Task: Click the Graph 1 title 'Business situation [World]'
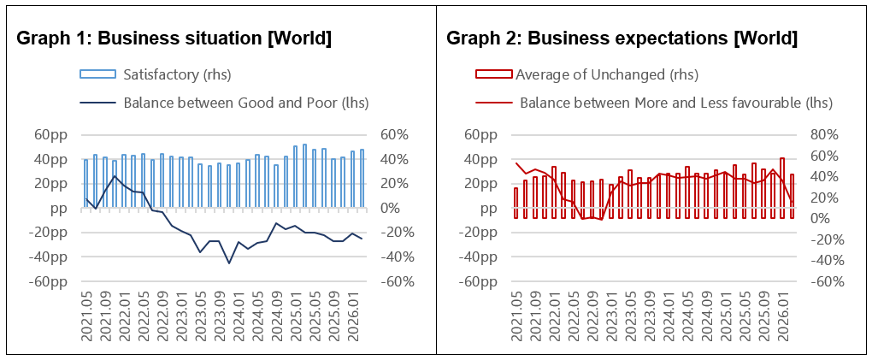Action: pos(174,38)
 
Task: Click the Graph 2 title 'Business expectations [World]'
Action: pos(622,38)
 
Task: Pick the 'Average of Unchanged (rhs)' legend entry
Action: pos(606,75)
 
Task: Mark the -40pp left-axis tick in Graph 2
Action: pos(480,257)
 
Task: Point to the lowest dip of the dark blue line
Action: pos(229,263)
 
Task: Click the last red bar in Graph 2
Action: pos(792,196)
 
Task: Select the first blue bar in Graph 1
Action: pos(85,184)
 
